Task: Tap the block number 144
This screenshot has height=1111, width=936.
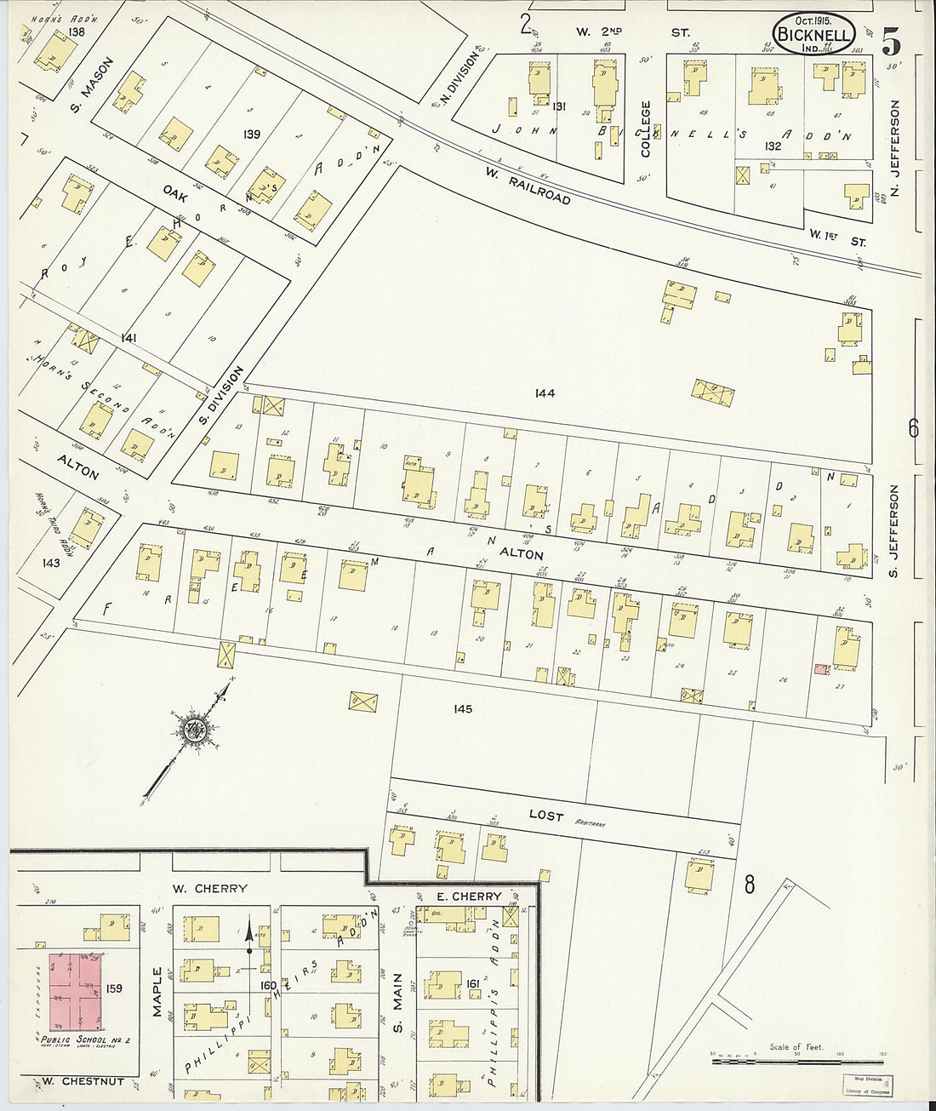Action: [x=545, y=393]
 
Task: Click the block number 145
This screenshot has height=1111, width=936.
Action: [x=462, y=708]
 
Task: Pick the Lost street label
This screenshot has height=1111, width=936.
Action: [x=545, y=815]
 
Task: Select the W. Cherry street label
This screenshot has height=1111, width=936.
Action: [x=209, y=888]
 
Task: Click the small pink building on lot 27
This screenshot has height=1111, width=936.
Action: [x=821, y=669]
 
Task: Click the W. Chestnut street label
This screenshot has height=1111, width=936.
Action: [x=82, y=1082]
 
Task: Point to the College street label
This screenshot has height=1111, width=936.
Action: [x=646, y=129]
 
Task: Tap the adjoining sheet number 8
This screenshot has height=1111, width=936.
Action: [x=749, y=885]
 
